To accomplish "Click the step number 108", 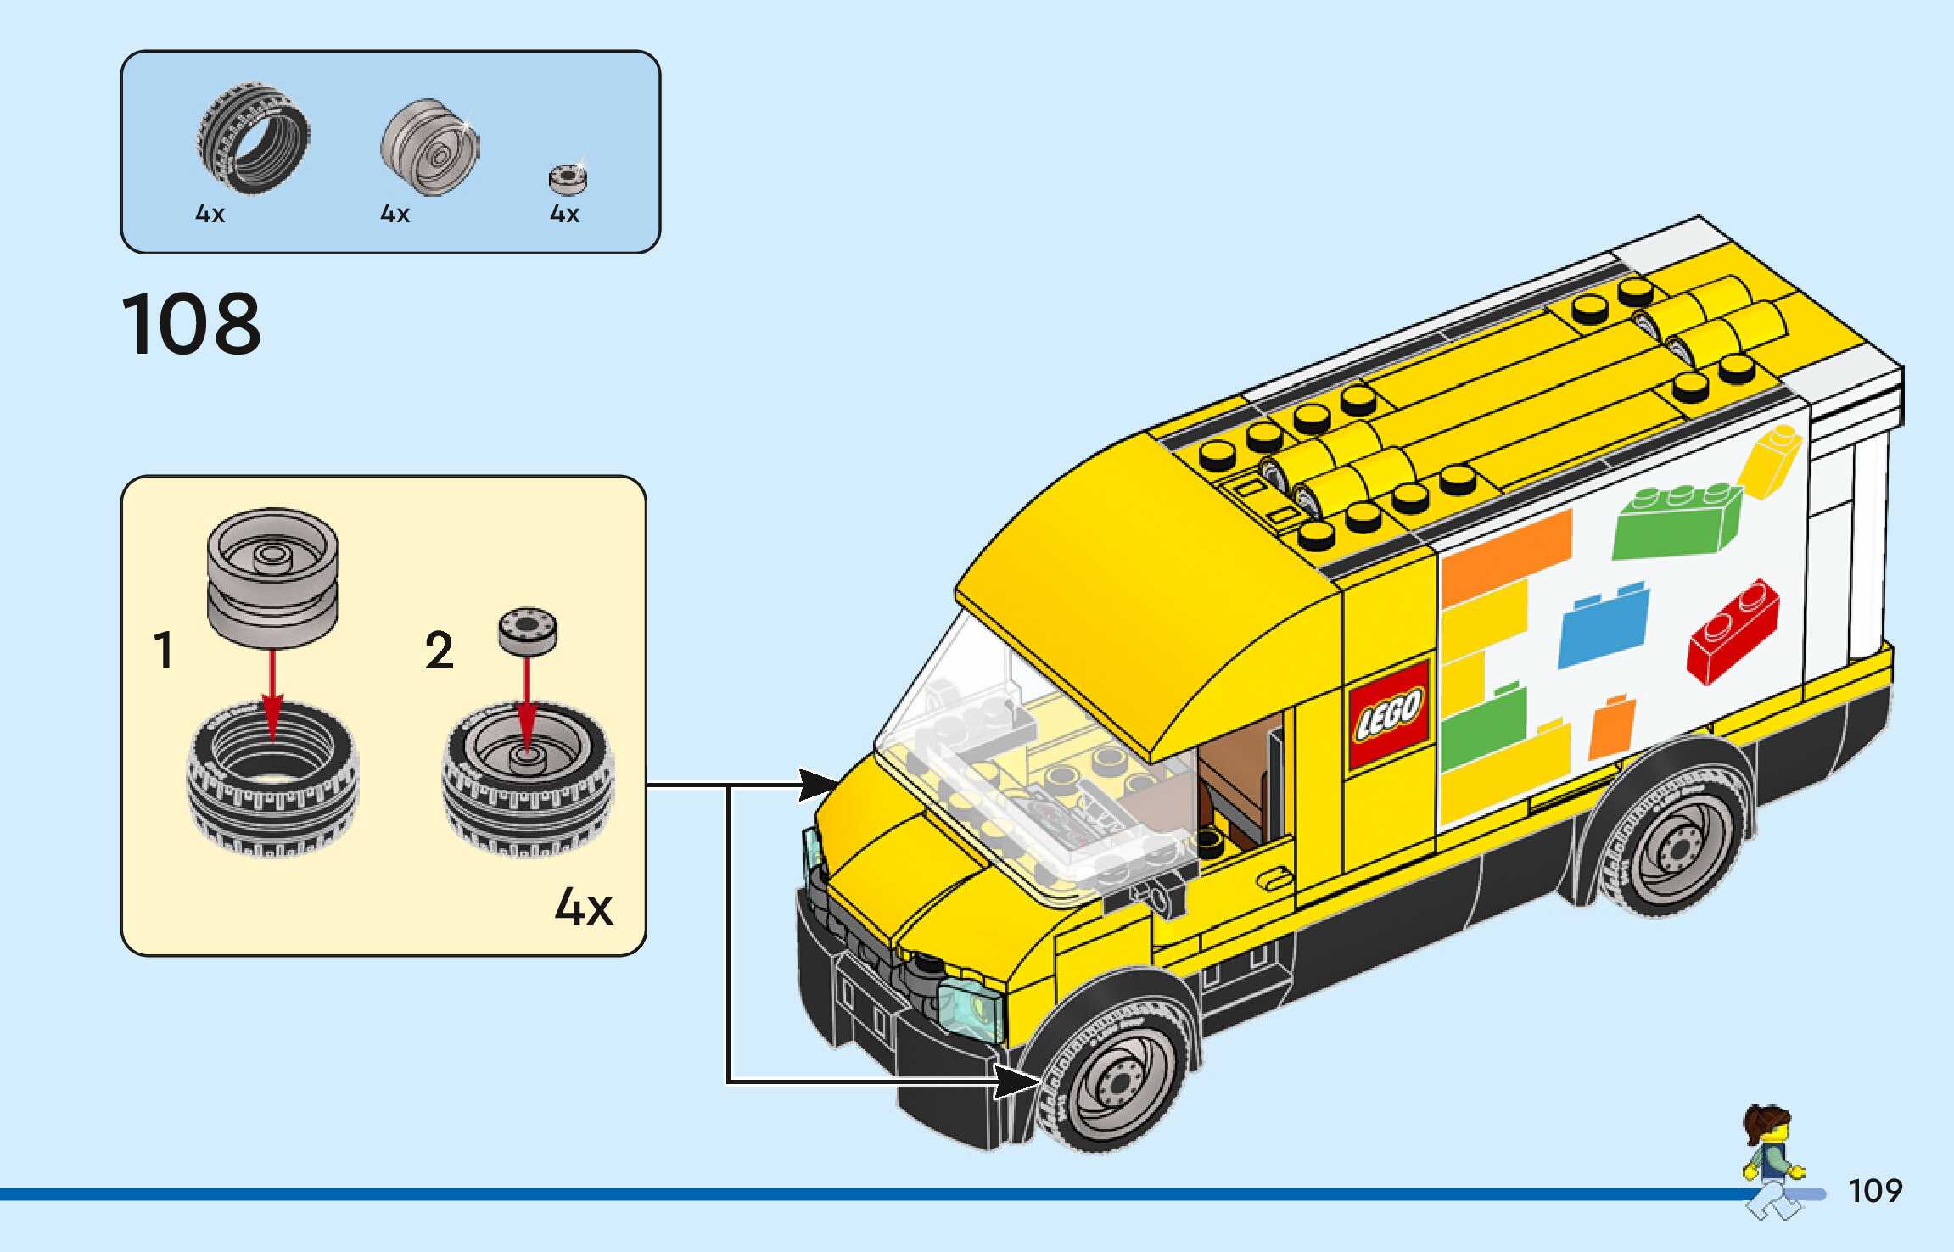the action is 192,324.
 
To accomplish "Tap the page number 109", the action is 1875,1191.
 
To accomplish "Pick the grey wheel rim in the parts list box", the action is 430,147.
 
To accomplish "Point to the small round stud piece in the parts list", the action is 568,179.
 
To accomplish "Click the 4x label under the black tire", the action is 210,214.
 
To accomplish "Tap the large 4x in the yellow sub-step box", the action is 584,907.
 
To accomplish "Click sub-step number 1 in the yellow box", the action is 164,651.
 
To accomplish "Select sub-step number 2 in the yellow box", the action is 439,651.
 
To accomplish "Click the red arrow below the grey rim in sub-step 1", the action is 272,696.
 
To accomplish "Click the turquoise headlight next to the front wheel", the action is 970,1007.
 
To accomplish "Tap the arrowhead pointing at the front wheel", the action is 1018,1082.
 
